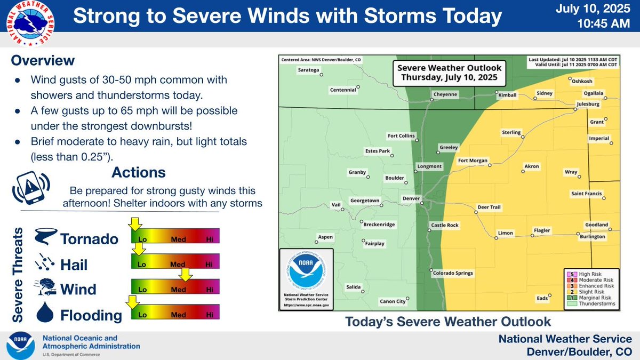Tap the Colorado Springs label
pyautogui.click(x=452, y=273)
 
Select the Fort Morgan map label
pyautogui.click(x=474, y=161)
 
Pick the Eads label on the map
pyautogui.click(x=542, y=298)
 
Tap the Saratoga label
pyautogui.click(x=308, y=70)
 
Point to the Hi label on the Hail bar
pyautogui.click(x=209, y=264)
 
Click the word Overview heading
pyautogui.click(x=43, y=60)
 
